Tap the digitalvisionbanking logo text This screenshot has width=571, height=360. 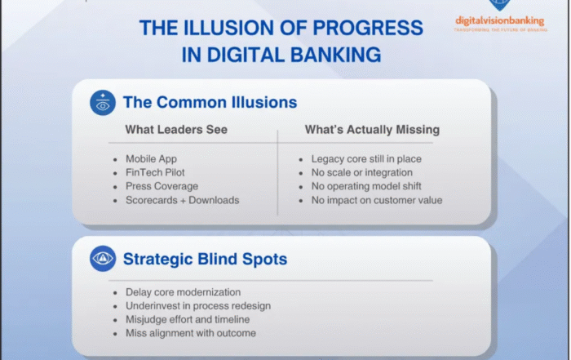(x=499, y=20)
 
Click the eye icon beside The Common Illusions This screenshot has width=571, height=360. (x=102, y=103)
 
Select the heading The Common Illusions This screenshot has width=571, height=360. (x=210, y=103)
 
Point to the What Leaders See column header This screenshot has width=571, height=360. (x=176, y=130)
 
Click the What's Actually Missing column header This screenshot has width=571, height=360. (x=372, y=130)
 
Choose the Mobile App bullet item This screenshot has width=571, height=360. (x=153, y=158)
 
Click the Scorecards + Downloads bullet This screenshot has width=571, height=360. (x=182, y=200)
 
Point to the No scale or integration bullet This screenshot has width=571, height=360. (x=361, y=172)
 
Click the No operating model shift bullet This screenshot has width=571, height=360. (x=366, y=186)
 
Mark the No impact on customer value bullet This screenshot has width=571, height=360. (x=377, y=200)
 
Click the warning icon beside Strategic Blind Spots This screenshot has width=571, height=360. (x=102, y=260)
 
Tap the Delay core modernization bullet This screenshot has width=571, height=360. (x=184, y=292)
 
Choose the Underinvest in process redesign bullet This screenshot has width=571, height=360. (x=197, y=305)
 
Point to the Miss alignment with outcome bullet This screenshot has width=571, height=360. (x=190, y=333)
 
